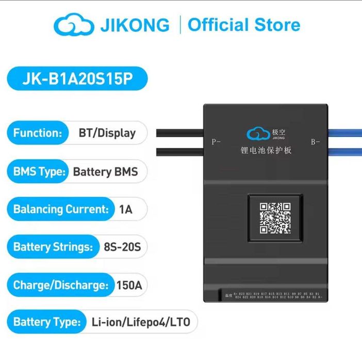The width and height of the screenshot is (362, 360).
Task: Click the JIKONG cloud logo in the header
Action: (x=74, y=25)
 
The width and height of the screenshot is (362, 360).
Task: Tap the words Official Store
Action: (x=243, y=25)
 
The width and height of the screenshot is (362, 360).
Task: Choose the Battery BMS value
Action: (x=105, y=172)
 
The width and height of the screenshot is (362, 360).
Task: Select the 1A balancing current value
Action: (x=125, y=209)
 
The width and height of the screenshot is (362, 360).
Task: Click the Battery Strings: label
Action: (x=53, y=247)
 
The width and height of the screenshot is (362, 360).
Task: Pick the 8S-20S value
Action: (x=123, y=247)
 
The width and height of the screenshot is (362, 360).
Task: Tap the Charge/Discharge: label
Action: (x=61, y=285)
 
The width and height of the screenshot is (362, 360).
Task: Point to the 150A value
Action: (x=130, y=285)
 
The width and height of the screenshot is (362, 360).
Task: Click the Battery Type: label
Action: (x=47, y=322)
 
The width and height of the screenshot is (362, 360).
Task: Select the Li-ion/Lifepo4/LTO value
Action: (x=141, y=322)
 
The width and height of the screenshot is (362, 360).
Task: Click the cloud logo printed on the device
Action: (x=258, y=134)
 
